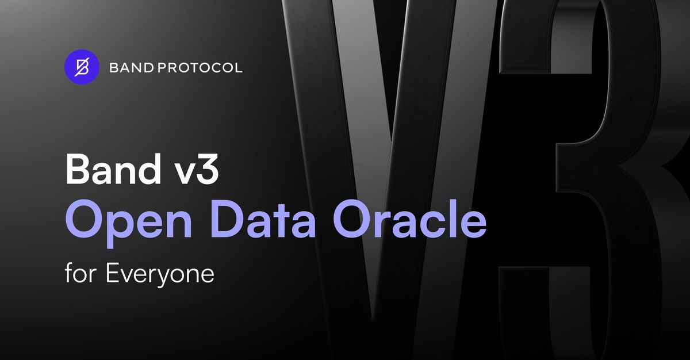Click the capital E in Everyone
pyautogui.click(x=112, y=273)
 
